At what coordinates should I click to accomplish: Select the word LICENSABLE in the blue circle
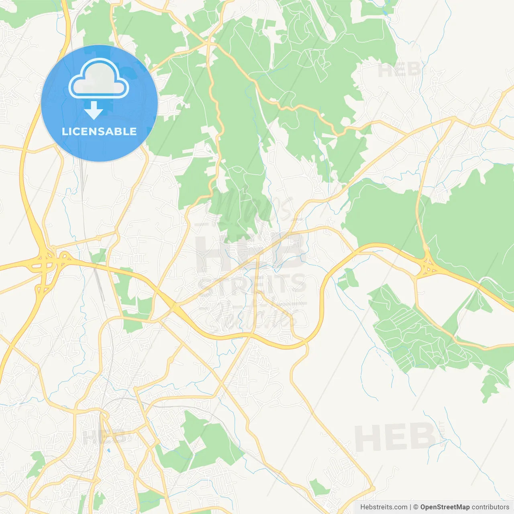click(99, 132)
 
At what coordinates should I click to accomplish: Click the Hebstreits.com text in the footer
click(383, 507)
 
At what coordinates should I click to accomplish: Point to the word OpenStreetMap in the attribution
click(445, 507)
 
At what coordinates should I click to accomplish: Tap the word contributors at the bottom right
click(490, 507)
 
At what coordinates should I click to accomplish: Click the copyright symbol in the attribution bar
click(416, 507)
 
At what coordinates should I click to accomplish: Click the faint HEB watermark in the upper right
click(400, 71)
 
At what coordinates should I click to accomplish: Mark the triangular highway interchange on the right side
click(428, 267)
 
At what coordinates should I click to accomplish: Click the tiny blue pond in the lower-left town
click(108, 451)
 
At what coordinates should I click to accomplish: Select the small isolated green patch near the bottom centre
click(319, 487)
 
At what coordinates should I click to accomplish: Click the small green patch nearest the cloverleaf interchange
click(98, 255)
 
